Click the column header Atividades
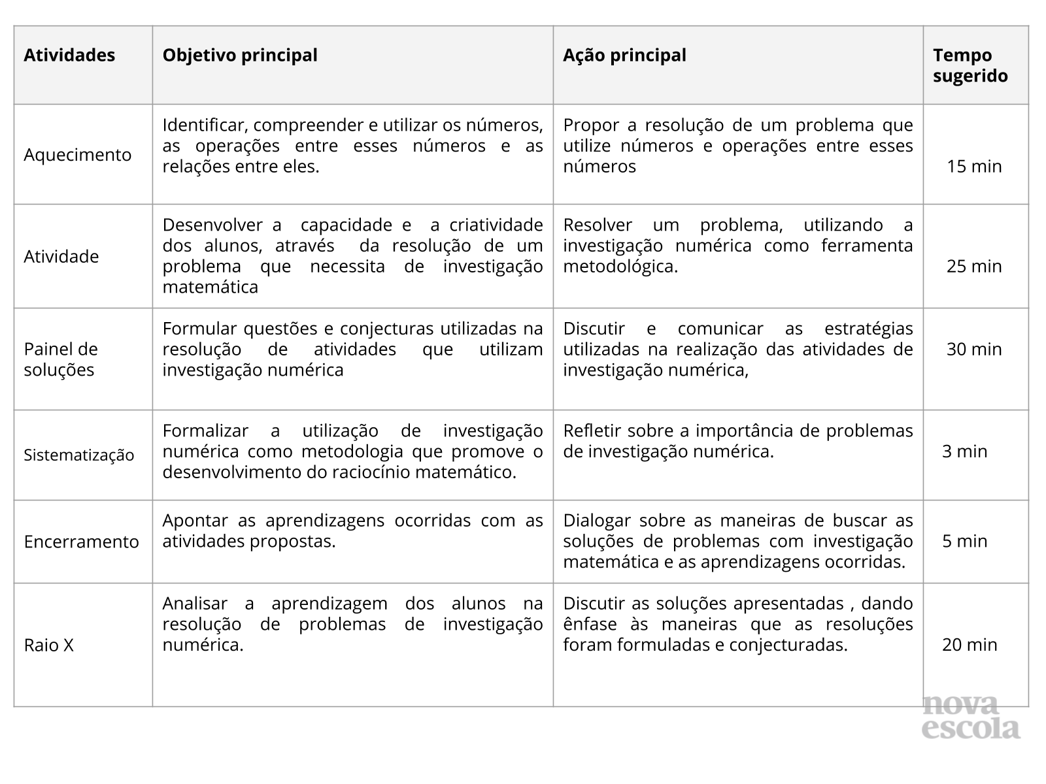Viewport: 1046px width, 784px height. pos(69,56)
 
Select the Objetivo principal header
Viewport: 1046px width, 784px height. pos(240,56)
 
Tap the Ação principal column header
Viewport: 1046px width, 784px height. pos(624,56)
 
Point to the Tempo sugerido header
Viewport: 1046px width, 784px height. pos(970,65)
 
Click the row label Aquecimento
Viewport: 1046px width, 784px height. pos(78,155)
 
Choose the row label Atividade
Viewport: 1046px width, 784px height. pos(61,257)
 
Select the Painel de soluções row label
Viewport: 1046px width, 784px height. pos(61,359)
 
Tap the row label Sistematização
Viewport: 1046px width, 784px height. pos(79,455)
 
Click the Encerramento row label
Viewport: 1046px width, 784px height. pos(82,542)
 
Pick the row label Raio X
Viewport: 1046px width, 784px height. pos(49,645)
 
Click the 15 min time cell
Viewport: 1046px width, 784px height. pos(974,167)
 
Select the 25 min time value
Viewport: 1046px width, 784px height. pos(974,267)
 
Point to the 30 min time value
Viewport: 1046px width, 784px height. pos(974,350)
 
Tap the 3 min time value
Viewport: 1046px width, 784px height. pos(964,451)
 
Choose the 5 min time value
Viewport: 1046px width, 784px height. pos(964,541)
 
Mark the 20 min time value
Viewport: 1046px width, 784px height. pos(970,645)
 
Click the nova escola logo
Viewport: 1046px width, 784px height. pos(971,717)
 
